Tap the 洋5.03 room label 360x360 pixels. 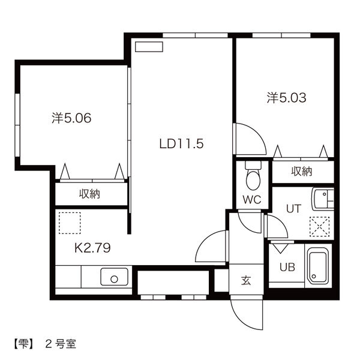286,98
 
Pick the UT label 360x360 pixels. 293,209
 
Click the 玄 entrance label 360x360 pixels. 246,280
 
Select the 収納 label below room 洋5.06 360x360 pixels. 89,194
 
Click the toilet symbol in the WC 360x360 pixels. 253,175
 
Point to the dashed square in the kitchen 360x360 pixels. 70,221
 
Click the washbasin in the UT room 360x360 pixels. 323,197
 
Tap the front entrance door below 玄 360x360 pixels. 246,313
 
